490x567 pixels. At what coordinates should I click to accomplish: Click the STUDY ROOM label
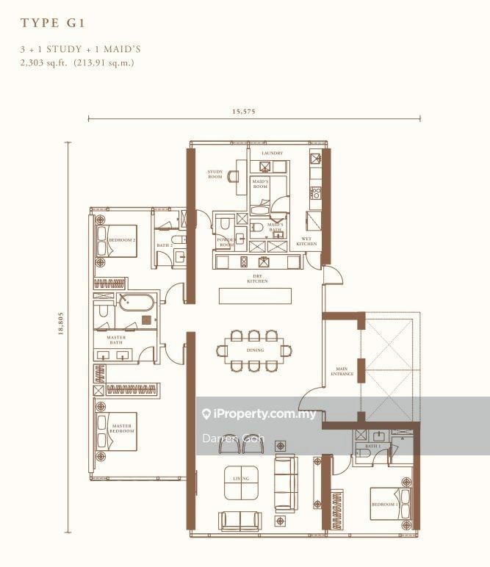coord(215,174)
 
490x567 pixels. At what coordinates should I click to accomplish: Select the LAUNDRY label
coord(272,153)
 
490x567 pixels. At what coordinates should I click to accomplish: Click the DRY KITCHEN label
coord(257,279)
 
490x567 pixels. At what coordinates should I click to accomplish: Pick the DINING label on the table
coord(255,350)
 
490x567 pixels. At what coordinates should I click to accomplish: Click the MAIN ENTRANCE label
coord(342,372)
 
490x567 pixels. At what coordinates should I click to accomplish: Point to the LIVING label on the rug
coord(241,479)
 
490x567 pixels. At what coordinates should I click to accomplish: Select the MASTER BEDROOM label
coord(123,428)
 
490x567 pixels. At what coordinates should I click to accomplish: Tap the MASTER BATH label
coord(116,339)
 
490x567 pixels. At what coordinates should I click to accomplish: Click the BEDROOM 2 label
coord(121,240)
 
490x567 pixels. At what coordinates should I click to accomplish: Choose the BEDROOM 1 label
coord(384,505)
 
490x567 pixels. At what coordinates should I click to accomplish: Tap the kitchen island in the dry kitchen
coord(255,296)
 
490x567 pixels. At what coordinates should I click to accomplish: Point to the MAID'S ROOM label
coord(261,184)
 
